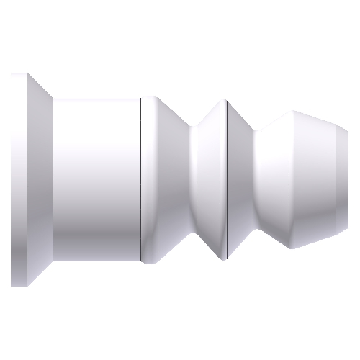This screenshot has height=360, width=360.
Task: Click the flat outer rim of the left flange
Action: point(19,180)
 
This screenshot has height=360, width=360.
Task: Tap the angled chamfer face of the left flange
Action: point(41,180)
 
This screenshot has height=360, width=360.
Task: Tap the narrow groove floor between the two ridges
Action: point(196,180)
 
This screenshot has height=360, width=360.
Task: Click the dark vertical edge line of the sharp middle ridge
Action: point(227,180)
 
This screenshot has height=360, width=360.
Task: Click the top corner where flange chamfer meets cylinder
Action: point(54,99)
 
